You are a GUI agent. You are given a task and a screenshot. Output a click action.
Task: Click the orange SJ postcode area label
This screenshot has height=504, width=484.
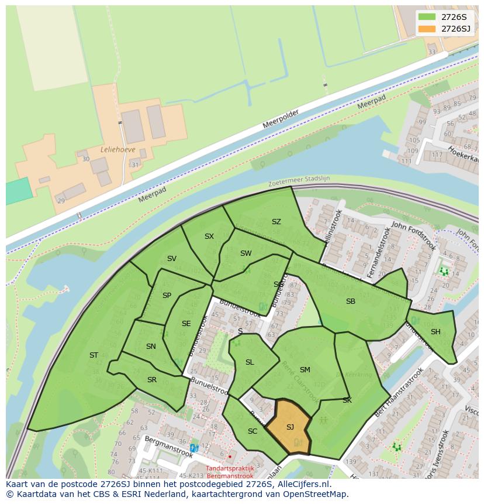290,427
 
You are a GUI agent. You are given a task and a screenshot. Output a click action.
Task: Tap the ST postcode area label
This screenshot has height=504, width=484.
94,355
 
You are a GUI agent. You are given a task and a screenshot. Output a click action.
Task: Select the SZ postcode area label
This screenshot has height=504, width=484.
276,222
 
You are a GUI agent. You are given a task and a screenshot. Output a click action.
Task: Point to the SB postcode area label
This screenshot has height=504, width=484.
351,301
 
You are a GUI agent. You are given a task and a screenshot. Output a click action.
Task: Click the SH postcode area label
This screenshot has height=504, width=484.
435,332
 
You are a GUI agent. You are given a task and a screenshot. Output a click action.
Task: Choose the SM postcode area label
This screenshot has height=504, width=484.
305,370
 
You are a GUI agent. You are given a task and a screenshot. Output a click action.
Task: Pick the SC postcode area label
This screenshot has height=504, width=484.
253,431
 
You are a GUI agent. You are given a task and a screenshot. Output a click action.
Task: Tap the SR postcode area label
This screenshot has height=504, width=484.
152,380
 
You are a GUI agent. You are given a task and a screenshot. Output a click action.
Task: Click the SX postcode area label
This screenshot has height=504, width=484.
209,236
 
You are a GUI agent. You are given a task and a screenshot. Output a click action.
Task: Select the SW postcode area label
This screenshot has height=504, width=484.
246,253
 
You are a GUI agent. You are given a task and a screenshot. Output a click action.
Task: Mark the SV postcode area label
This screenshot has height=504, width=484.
171,259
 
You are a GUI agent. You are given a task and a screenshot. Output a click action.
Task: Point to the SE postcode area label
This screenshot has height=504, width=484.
186,324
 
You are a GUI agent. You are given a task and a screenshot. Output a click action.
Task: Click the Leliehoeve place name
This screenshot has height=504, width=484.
118,150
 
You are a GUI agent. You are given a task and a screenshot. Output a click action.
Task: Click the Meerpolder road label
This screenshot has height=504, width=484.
281,120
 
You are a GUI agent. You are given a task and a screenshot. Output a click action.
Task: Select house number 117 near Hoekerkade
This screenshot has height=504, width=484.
436,155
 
